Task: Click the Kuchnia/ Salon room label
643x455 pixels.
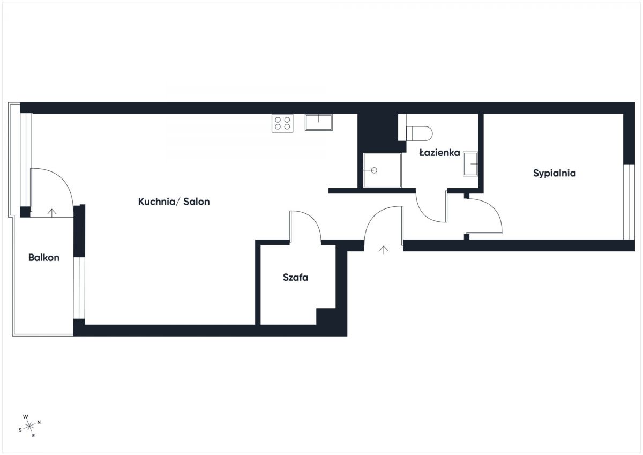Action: tap(174, 202)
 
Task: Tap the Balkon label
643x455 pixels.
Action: tap(44, 257)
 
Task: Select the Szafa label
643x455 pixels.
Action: tap(295, 277)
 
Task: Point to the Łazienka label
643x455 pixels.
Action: tap(439, 152)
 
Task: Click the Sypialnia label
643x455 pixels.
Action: tap(554, 173)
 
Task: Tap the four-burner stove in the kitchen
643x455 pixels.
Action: tap(282, 123)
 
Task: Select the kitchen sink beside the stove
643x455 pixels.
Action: tap(319, 122)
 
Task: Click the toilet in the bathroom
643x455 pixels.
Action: tap(419, 133)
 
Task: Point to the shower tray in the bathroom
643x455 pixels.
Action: tap(382, 170)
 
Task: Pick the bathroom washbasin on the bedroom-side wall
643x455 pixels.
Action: tap(470, 163)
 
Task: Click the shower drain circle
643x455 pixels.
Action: tap(374, 170)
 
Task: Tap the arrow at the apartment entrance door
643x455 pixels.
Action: tap(384, 250)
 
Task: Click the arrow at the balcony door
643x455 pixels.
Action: tap(51, 212)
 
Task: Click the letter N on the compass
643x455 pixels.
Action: tap(39, 422)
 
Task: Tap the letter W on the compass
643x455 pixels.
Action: tap(26, 416)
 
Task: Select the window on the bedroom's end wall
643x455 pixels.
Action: tap(629, 202)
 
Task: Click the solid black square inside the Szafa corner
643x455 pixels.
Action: tap(326, 317)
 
